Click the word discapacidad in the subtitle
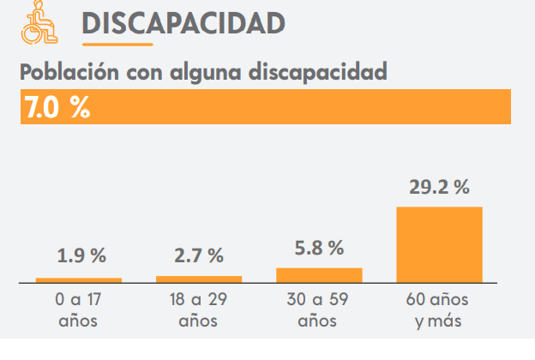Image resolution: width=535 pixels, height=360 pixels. [317, 72]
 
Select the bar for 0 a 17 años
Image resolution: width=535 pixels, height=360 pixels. [79, 279]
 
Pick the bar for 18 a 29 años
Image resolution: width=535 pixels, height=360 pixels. [199, 279]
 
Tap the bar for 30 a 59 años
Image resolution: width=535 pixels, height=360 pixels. [319, 274]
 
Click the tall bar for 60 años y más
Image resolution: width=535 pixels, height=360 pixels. [439, 244]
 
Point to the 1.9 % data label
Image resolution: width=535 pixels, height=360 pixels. [81, 255]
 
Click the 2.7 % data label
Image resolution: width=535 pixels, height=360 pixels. [198, 255]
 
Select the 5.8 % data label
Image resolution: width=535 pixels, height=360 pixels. [318, 248]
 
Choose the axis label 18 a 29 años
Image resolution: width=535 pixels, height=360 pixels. [198, 311]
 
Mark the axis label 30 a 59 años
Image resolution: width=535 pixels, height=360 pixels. [318, 311]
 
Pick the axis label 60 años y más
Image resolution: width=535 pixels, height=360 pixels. [438, 311]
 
